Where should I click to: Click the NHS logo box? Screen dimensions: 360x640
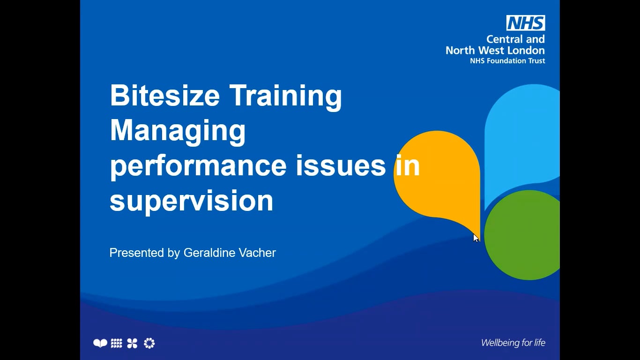[525, 23]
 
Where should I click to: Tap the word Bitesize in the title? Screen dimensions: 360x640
[164, 96]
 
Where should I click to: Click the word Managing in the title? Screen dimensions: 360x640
[178, 131]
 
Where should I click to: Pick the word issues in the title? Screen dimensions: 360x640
[341, 166]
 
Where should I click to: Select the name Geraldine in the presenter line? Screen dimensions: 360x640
[206, 253]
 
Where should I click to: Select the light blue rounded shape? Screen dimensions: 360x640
[522, 136]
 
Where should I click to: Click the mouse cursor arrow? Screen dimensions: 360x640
[476, 238]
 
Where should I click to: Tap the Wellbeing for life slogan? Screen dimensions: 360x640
[513, 343]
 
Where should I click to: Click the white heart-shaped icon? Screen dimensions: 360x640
[100, 344]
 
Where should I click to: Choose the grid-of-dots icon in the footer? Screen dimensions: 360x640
[117, 344]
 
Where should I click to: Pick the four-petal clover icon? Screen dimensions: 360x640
[133, 344]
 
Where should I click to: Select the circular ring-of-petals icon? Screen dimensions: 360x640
[149, 344]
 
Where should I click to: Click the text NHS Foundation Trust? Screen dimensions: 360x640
[507, 61]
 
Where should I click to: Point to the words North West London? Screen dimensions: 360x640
[495, 50]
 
